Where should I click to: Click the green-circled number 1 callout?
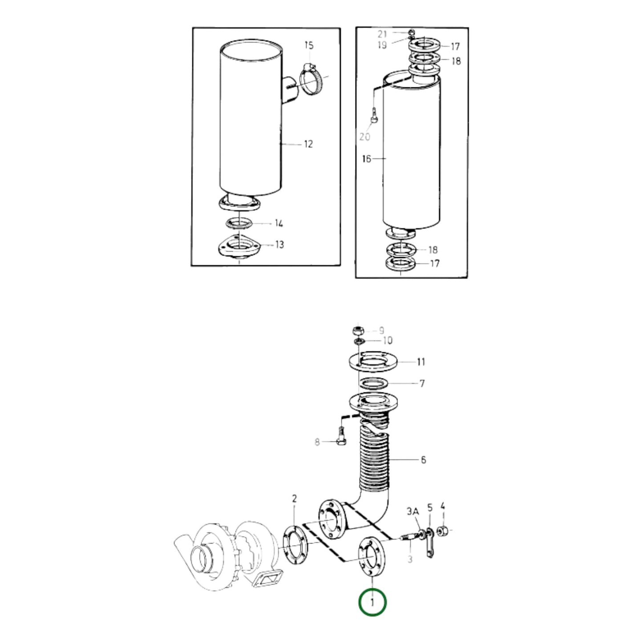pos(372,603)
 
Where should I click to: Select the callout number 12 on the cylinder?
pos(308,144)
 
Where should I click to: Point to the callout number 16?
pos(366,158)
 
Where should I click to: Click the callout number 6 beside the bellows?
pos(423,459)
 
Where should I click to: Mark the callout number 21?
pos(383,34)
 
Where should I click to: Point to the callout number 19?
pos(382,44)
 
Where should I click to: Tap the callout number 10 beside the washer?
pos(387,341)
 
